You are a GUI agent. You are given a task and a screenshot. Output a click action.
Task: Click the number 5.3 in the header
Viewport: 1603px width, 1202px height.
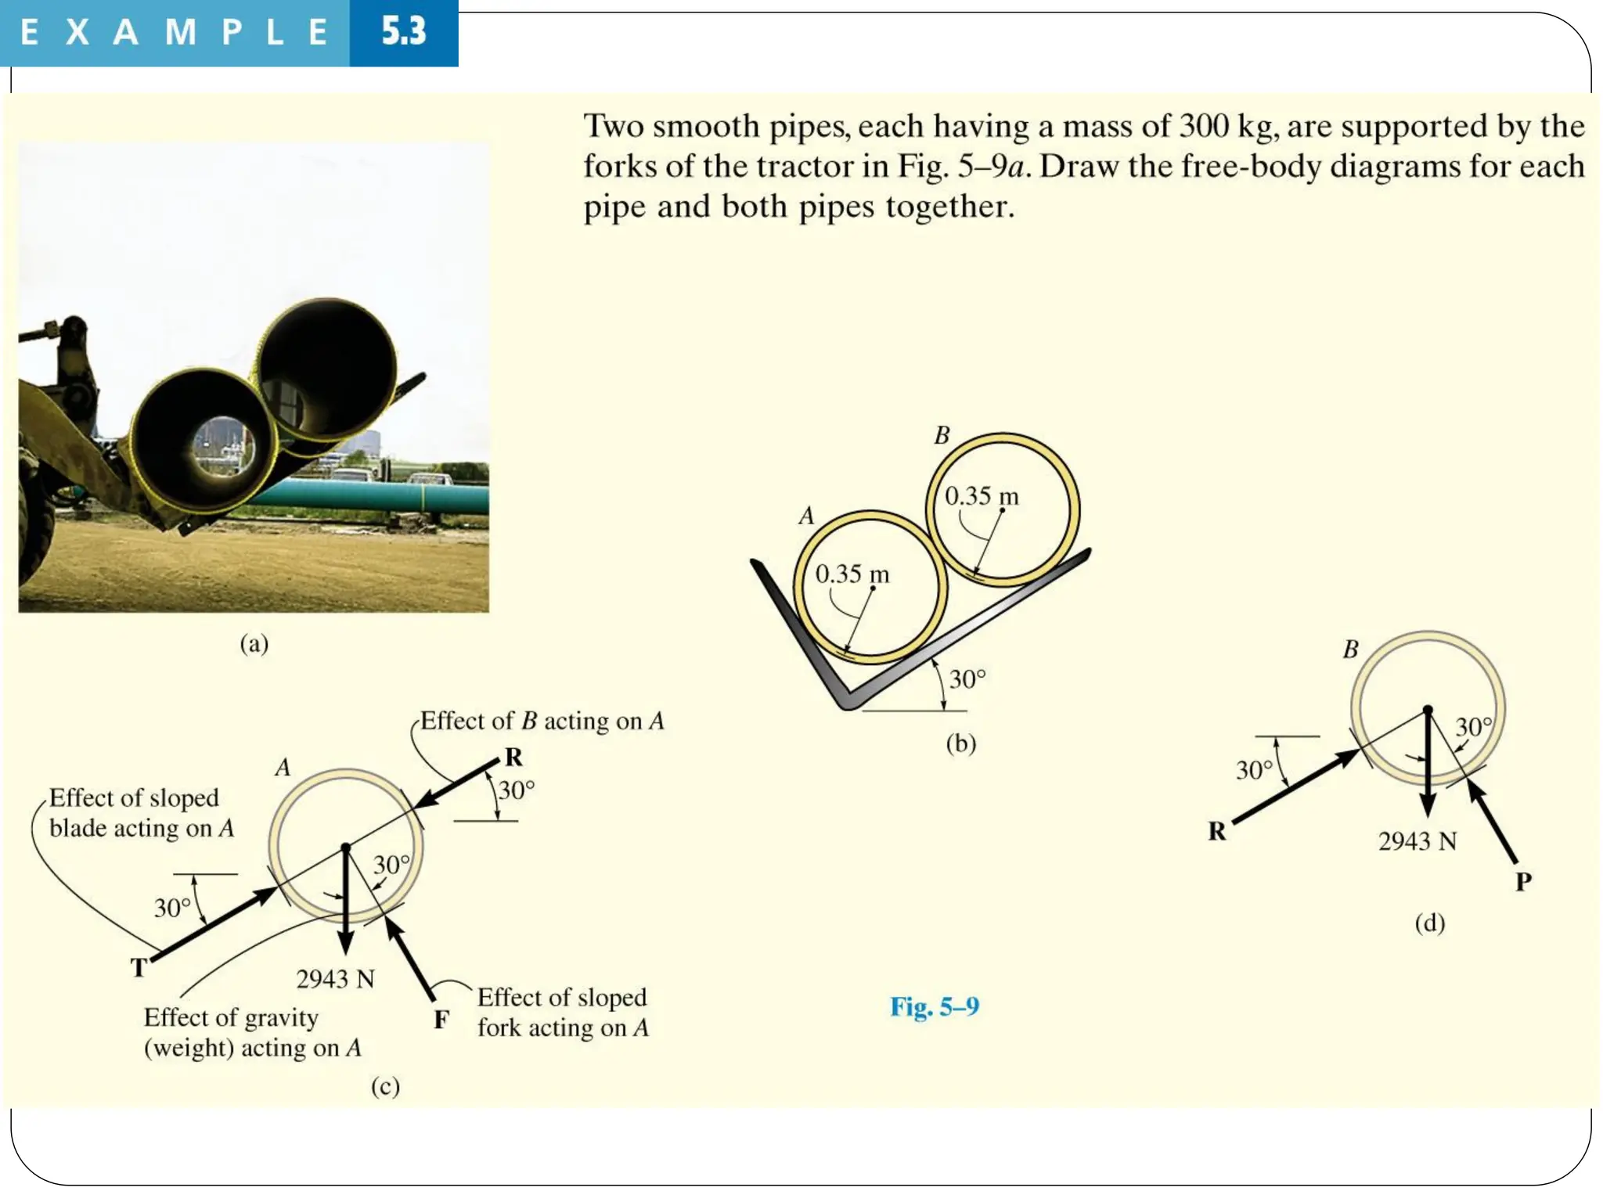pyautogui.click(x=403, y=32)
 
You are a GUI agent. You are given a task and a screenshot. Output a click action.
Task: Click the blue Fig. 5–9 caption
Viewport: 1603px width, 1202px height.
pyautogui.click(x=934, y=1006)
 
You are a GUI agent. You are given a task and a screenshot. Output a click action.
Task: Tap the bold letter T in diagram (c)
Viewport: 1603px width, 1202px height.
pyautogui.click(x=139, y=968)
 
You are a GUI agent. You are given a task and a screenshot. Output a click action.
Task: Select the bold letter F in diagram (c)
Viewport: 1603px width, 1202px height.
pyautogui.click(x=441, y=1020)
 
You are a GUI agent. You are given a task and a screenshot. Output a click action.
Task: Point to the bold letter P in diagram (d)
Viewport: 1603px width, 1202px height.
pyautogui.click(x=1522, y=882)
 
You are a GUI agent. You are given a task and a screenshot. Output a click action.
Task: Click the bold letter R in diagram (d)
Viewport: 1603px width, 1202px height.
pyautogui.click(x=1216, y=831)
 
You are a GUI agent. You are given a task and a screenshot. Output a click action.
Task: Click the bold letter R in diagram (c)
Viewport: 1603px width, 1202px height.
pyautogui.click(x=513, y=757)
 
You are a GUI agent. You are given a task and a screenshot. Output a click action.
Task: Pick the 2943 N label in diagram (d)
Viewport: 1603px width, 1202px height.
pyautogui.click(x=1417, y=841)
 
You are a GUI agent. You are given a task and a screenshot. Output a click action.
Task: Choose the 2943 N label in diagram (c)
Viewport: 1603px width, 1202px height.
pyautogui.click(x=335, y=979)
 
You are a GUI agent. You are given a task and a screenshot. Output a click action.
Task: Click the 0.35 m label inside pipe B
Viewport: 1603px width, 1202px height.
pyautogui.click(x=981, y=496)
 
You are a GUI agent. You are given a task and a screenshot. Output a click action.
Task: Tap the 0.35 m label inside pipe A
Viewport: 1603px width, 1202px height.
pyautogui.click(x=852, y=574)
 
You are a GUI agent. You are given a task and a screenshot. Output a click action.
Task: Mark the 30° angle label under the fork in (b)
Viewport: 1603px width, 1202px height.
pyautogui.click(x=967, y=678)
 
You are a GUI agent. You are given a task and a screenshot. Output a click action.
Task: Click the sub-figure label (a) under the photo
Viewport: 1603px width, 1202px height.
pyautogui.click(x=254, y=643)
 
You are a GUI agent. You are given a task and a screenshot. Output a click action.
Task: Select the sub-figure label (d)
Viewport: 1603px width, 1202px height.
pyautogui.click(x=1429, y=923)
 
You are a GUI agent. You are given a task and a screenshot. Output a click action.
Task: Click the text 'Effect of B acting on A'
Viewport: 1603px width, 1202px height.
pyautogui.click(x=542, y=721)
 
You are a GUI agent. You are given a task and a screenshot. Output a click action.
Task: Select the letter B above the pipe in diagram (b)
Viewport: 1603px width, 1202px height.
pyautogui.click(x=942, y=435)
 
